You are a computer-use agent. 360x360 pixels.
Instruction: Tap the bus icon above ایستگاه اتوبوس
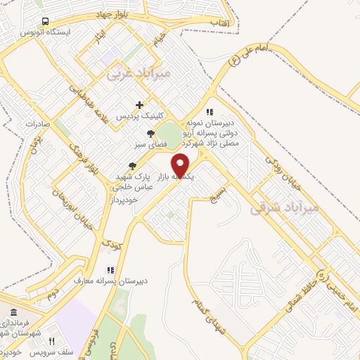(x=46, y=21)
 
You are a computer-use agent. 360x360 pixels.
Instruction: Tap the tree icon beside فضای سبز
(x=150, y=134)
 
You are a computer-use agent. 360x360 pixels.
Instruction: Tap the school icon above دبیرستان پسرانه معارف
(x=110, y=269)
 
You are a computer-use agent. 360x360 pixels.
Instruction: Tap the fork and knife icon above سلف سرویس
(x=51, y=341)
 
